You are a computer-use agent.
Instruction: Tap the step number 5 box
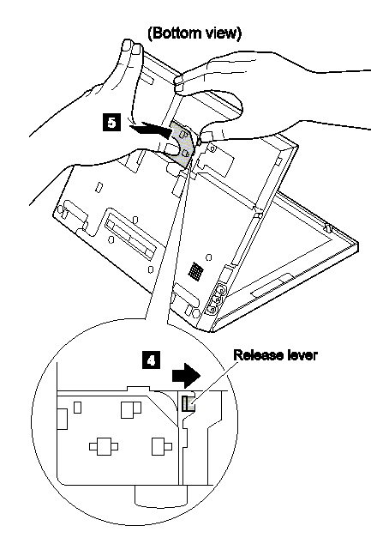click(112, 123)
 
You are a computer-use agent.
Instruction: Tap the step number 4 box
click(151, 360)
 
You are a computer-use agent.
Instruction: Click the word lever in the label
click(301, 355)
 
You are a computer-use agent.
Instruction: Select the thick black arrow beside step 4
click(186, 376)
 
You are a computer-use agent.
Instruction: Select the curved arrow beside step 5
click(151, 130)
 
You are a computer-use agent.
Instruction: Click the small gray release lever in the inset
click(188, 403)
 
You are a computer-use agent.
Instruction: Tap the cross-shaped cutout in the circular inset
click(104, 446)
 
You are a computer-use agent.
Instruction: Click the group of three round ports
click(214, 298)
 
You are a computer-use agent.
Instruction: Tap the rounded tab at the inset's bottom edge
click(161, 496)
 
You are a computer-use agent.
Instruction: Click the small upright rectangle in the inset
click(78, 408)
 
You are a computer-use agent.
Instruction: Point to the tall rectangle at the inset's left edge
click(62, 419)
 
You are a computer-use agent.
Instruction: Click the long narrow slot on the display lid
click(272, 286)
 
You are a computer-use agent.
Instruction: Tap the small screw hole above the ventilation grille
click(209, 257)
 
